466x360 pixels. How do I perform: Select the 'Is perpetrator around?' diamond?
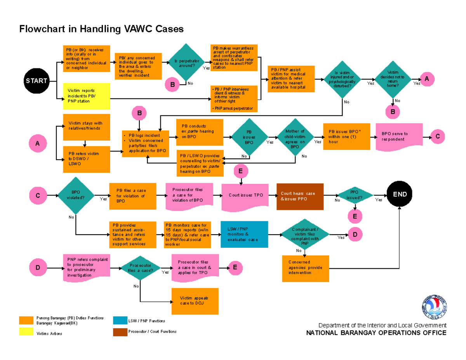click(x=185, y=63)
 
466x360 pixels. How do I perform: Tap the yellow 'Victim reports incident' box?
click(x=86, y=96)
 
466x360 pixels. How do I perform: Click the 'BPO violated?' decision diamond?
click(x=76, y=195)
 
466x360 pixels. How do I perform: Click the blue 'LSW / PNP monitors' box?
click(x=245, y=234)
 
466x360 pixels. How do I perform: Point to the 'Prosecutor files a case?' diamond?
click(x=141, y=268)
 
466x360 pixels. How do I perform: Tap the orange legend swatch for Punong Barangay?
click(x=26, y=320)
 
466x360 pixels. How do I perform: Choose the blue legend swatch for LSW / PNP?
click(x=120, y=320)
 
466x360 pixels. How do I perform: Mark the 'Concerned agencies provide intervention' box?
click(x=306, y=268)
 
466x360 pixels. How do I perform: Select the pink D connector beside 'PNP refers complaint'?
click(x=38, y=268)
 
